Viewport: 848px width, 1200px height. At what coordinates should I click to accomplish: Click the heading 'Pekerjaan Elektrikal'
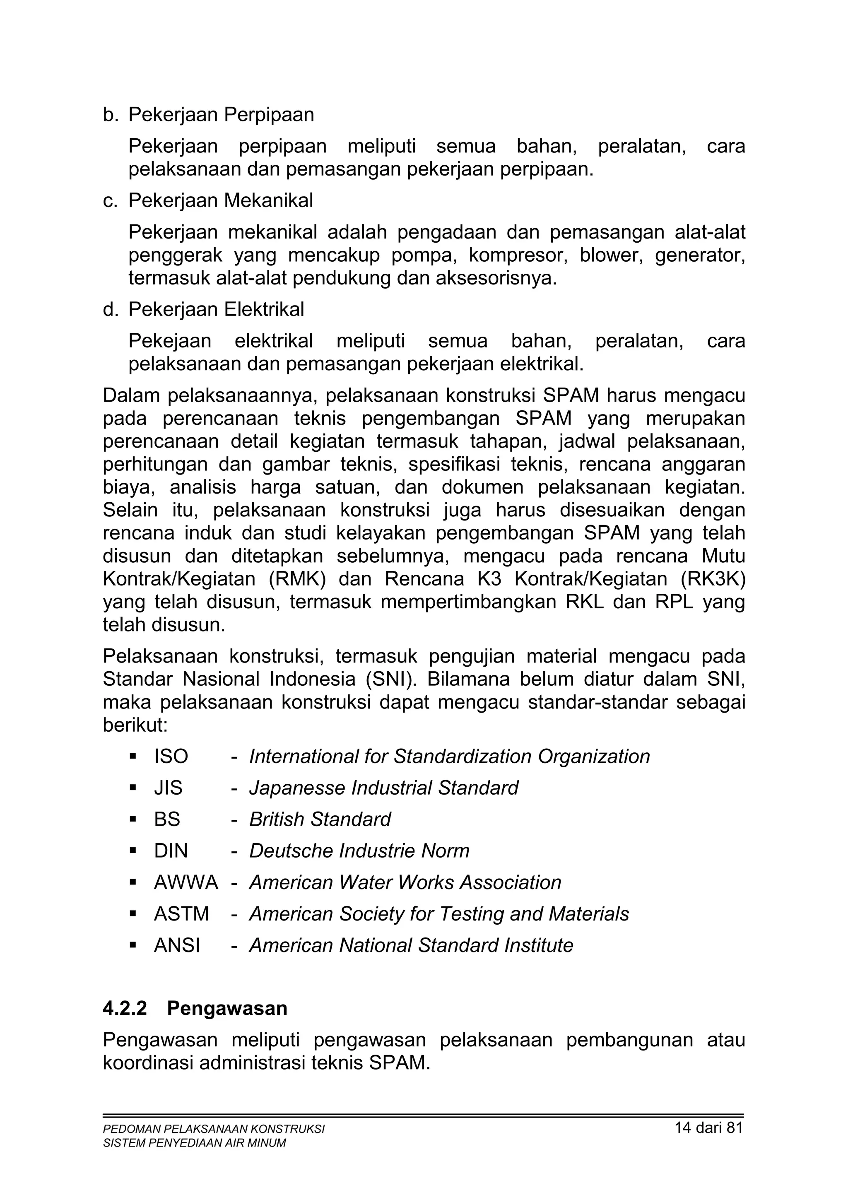pos(216,310)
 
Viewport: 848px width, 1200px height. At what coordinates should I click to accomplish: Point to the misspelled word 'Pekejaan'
pos(170,341)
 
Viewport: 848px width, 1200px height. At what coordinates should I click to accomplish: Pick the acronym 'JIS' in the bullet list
pos(168,788)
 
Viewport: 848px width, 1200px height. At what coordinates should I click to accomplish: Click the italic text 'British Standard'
pos(320,819)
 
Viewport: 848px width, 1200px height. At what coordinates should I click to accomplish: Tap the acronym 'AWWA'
pos(185,882)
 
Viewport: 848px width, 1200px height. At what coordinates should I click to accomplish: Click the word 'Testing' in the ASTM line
pos(472,914)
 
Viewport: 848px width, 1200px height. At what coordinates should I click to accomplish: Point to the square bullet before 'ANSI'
pos(133,945)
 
